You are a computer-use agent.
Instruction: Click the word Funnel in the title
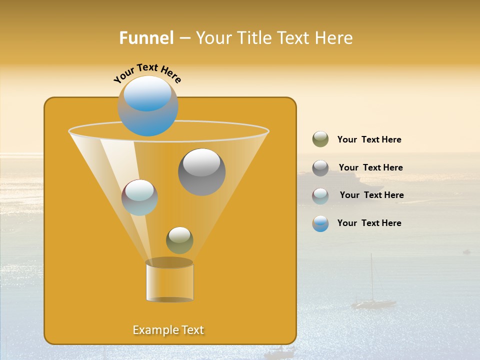[x=146, y=38]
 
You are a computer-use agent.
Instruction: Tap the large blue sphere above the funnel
[x=148, y=106]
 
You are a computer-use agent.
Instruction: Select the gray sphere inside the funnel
[x=201, y=172]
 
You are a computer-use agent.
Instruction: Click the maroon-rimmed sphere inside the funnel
[x=139, y=197]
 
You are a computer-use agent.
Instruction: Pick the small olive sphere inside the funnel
[x=179, y=240]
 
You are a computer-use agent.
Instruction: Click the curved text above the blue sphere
[x=147, y=73]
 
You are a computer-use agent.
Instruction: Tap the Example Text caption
[x=168, y=330]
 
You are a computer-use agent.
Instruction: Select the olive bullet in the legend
[x=320, y=139]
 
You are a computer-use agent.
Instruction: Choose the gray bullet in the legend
[x=320, y=168]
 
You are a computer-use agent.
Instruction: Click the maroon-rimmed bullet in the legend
[x=320, y=196]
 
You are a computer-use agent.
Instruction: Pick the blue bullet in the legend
[x=320, y=224]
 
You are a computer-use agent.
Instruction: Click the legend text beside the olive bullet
[x=369, y=140]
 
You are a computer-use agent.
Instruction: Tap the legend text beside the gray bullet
[x=370, y=167]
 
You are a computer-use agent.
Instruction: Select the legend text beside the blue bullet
[x=369, y=223]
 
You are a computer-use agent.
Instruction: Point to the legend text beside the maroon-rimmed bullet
[x=371, y=195]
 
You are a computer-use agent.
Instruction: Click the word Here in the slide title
[x=334, y=38]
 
